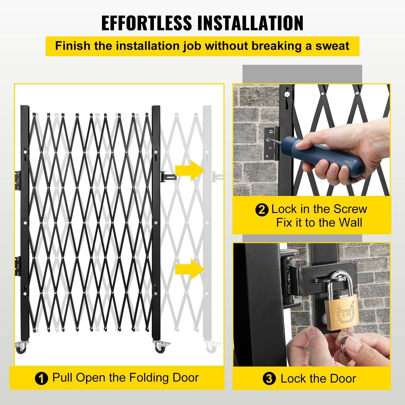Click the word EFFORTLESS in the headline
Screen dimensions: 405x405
tap(147, 23)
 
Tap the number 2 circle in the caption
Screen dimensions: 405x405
tap(262, 210)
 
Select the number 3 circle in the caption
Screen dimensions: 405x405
tap(269, 379)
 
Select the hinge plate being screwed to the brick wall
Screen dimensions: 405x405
tap(271, 143)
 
